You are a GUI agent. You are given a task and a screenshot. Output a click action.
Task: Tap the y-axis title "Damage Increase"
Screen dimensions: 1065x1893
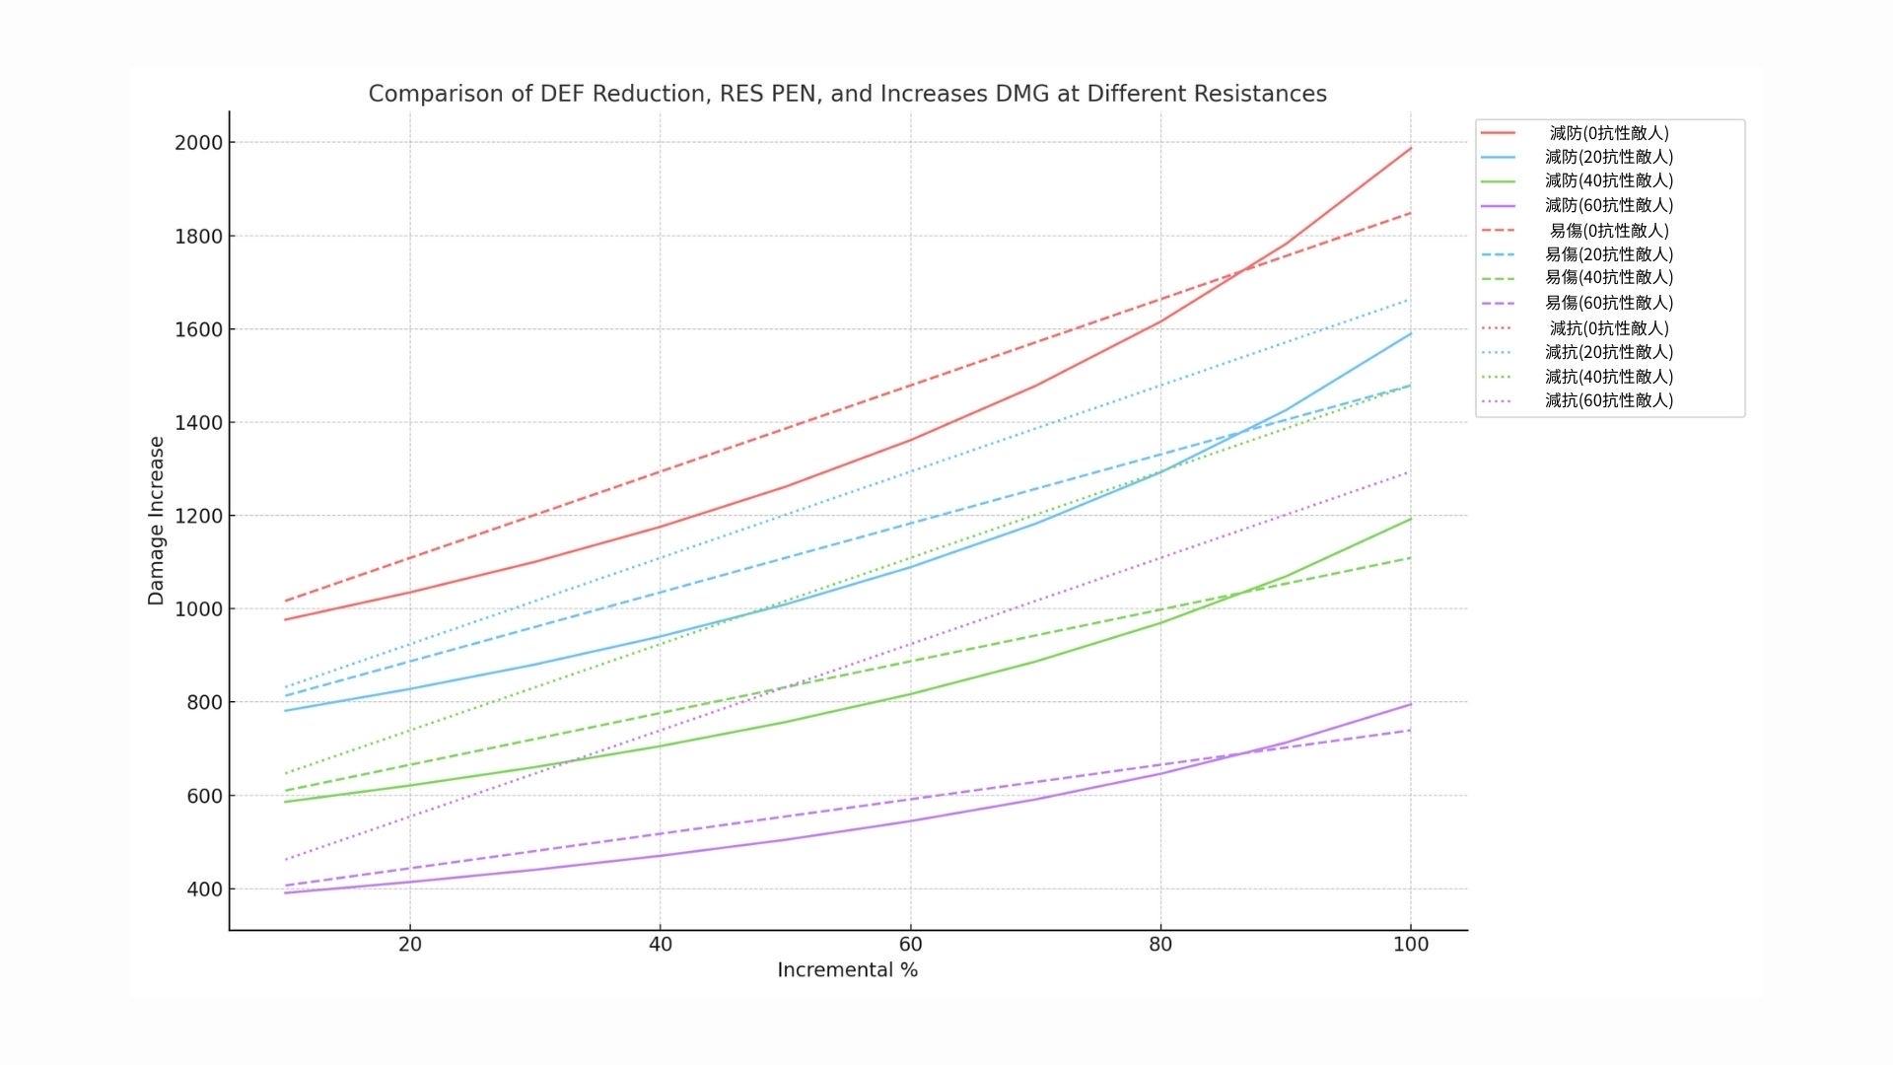(156, 521)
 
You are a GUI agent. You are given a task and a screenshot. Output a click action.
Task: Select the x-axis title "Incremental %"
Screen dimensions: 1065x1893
(847, 970)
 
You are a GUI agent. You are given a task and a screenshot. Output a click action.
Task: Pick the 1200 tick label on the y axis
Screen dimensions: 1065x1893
(198, 516)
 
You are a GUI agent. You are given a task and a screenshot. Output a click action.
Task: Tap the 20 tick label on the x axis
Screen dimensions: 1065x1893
(409, 945)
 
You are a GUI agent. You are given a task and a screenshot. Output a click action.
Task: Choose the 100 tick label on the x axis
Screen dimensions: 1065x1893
(1410, 945)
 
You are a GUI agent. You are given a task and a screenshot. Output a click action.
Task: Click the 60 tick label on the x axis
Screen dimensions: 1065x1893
(910, 945)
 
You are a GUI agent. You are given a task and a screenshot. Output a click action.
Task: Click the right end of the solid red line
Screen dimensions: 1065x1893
(1411, 149)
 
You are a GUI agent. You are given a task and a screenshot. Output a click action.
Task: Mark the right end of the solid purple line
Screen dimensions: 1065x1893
(1411, 704)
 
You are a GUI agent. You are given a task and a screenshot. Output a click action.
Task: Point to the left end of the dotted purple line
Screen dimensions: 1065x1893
(285, 860)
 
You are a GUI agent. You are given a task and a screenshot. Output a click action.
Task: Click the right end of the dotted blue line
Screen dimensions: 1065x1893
(1410, 299)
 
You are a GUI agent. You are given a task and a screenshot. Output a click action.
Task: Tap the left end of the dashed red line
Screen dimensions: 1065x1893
(285, 601)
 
